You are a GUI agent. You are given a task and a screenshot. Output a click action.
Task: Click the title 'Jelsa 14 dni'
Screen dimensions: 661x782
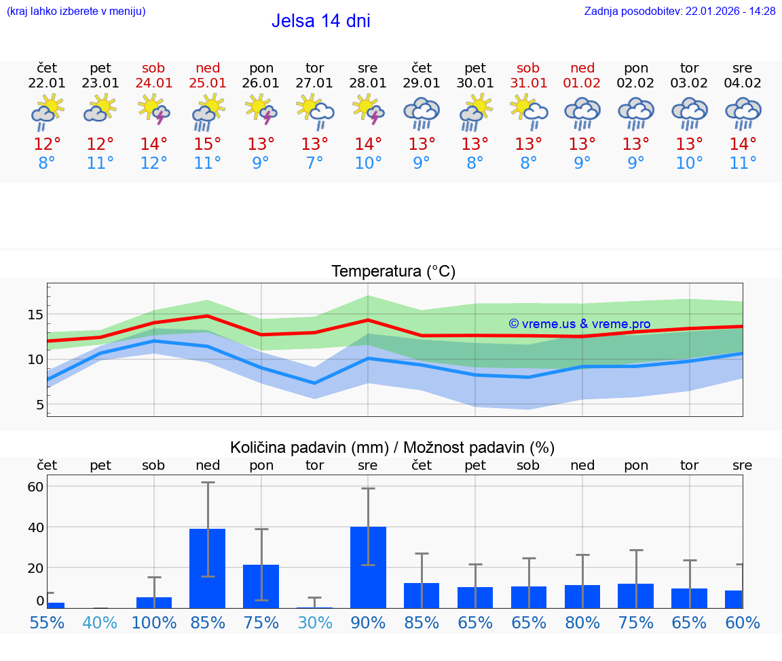[x=320, y=21]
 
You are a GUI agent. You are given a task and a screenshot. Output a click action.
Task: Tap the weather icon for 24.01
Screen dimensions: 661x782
[x=153, y=111]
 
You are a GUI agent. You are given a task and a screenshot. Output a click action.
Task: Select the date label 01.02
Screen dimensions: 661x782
[x=582, y=83]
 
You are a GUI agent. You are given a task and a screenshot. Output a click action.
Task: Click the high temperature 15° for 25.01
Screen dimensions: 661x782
[x=207, y=144]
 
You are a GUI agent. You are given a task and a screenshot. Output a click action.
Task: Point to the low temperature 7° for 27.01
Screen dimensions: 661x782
[x=314, y=163]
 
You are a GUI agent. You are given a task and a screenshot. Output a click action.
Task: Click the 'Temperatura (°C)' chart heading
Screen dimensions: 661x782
[x=393, y=272]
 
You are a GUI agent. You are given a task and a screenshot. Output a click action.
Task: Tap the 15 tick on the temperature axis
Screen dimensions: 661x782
[x=35, y=315]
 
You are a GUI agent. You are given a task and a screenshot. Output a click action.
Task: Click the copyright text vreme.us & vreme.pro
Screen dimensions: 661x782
[x=579, y=324]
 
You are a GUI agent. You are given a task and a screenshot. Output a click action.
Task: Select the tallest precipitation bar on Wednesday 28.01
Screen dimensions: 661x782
[x=368, y=567]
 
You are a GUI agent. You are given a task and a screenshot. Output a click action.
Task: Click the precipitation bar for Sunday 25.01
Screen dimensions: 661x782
[x=207, y=568]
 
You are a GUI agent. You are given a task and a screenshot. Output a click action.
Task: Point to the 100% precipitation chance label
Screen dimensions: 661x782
[x=153, y=622]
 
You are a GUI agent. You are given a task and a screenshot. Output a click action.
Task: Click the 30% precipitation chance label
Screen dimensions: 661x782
[x=314, y=622]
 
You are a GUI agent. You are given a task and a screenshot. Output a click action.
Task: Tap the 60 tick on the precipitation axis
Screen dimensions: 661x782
[x=35, y=487]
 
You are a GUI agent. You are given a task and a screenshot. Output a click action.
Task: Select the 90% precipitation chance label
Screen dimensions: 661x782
[x=368, y=622]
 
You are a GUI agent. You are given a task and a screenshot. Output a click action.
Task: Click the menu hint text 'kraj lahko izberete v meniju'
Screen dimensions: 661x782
[x=75, y=12]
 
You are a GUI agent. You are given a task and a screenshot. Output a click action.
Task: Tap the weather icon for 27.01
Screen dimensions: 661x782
[x=314, y=111]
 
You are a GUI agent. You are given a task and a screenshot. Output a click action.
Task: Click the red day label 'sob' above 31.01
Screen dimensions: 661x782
[x=528, y=68]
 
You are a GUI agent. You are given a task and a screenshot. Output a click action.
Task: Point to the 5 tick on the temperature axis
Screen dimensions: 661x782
[x=39, y=405]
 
